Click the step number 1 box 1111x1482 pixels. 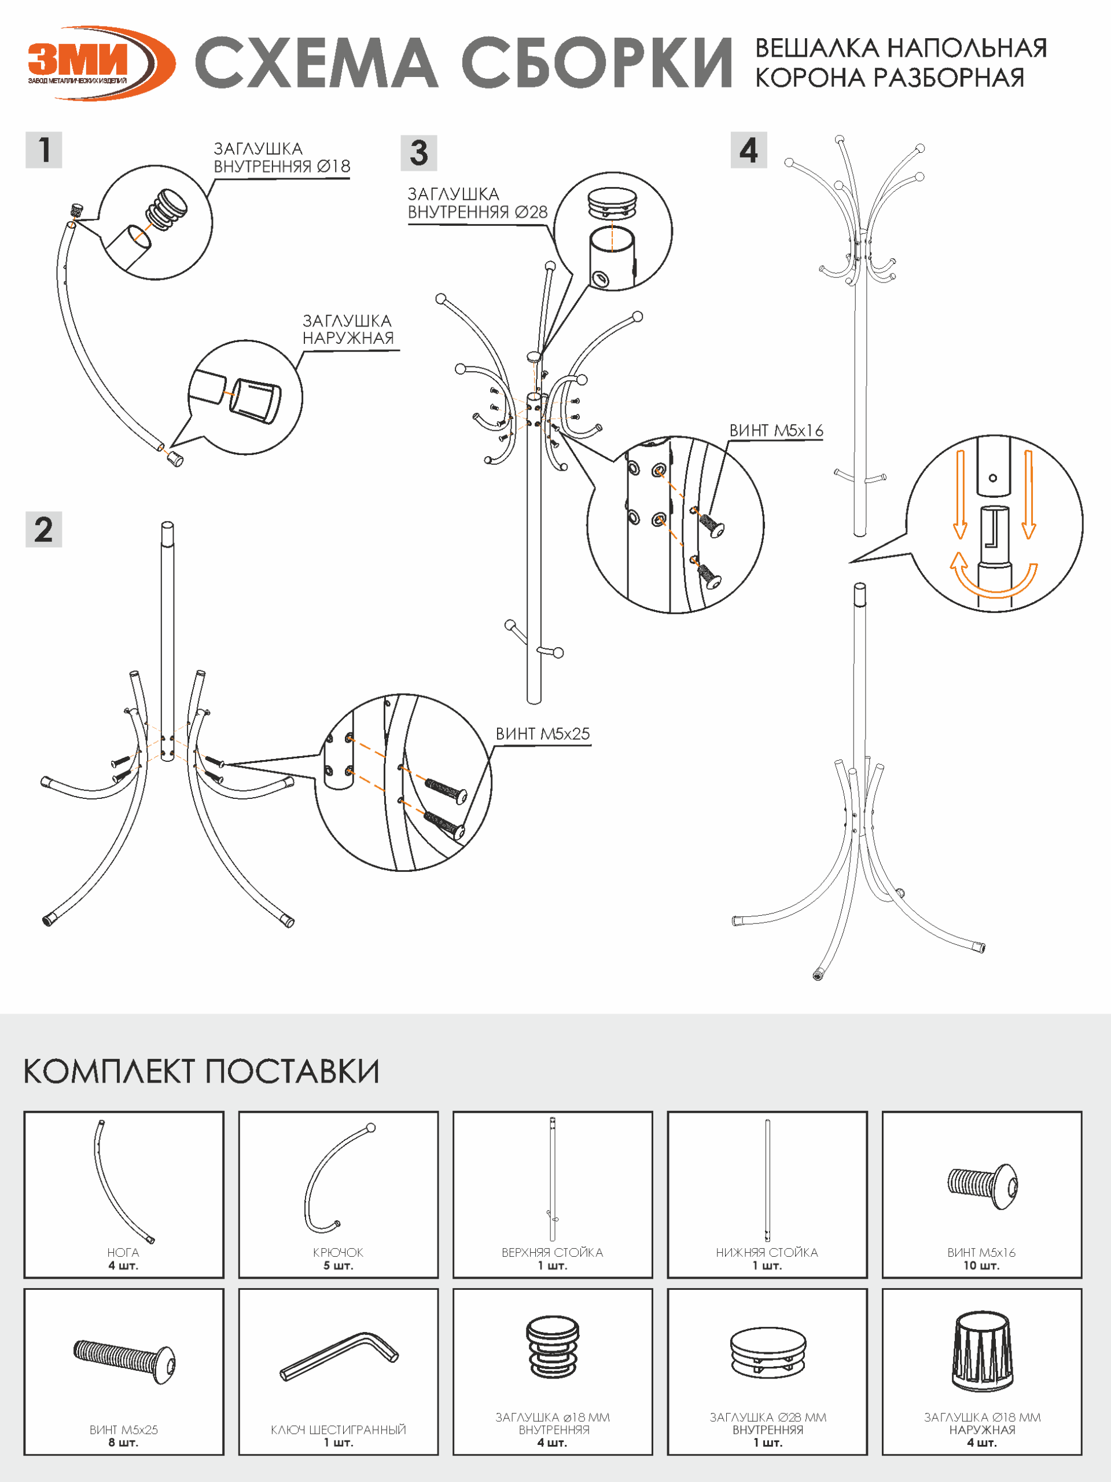coord(43,149)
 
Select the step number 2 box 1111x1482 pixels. coord(43,529)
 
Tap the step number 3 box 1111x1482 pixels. coord(418,153)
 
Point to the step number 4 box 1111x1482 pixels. coord(748,150)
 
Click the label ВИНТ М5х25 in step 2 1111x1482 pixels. coord(542,733)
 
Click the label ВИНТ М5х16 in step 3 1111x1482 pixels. coord(776,430)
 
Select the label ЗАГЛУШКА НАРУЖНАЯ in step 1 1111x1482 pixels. coord(348,329)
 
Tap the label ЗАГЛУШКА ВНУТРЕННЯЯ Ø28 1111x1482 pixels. coord(477,203)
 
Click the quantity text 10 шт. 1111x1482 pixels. coord(981,1265)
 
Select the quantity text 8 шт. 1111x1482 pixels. coord(123,1443)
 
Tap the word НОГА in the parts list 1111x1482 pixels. coord(123,1252)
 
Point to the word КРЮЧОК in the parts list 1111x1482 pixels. coord(338,1252)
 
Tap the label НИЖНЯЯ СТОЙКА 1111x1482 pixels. coord(767,1252)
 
